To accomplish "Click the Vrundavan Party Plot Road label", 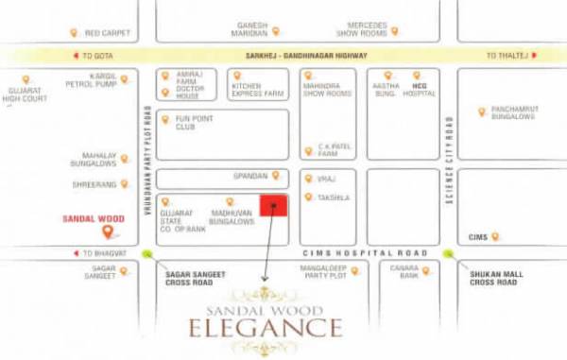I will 147,170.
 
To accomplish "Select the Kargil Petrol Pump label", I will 95,79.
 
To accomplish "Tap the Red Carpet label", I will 105,32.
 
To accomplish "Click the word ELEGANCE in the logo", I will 266,329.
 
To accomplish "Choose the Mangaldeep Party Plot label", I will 321,273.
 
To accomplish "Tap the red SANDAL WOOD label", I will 93,218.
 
